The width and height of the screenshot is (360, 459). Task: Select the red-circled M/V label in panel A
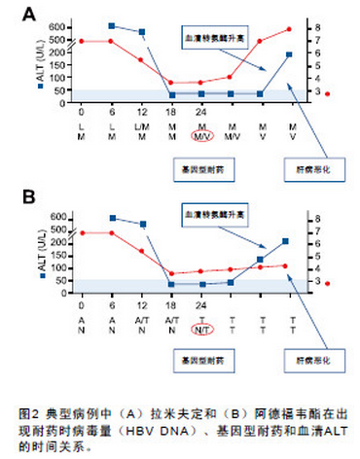[x=201, y=137]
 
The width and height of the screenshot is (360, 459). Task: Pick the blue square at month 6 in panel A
[x=112, y=25]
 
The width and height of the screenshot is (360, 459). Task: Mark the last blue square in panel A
[x=289, y=55]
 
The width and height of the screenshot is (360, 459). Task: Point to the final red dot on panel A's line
[x=289, y=29]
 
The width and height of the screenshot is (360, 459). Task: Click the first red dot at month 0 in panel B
[x=82, y=233]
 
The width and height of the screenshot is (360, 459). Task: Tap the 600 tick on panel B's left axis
[x=60, y=216]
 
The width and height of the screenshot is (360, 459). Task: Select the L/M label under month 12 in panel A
[x=142, y=125]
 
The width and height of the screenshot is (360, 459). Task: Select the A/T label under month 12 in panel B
[x=142, y=318]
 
